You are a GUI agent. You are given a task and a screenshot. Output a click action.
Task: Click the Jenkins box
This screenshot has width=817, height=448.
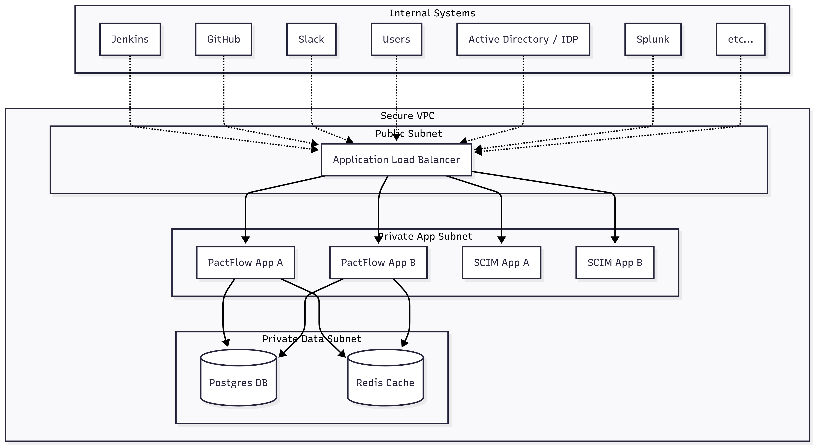click(x=130, y=39)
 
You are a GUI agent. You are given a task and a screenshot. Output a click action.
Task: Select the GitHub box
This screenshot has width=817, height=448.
click(x=224, y=39)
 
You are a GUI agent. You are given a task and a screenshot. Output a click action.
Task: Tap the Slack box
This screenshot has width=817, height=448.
click(x=311, y=39)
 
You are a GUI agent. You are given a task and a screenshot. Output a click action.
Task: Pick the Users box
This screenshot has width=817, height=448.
click(x=396, y=39)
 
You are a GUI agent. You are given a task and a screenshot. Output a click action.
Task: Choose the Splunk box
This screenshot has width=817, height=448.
click(x=653, y=39)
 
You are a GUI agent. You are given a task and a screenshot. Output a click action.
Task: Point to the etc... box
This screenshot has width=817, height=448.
click(x=740, y=39)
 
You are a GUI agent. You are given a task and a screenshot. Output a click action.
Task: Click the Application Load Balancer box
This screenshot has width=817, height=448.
click(x=396, y=160)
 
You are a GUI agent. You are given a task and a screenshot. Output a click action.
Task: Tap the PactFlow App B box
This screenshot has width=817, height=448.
click(x=378, y=262)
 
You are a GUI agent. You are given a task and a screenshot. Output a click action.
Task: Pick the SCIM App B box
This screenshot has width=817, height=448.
click(x=615, y=262)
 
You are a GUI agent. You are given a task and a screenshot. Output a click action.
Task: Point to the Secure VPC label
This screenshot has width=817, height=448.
click(x=408, y=116)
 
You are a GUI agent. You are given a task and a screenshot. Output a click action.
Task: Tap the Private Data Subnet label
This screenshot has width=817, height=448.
click(x=312, y=339)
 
